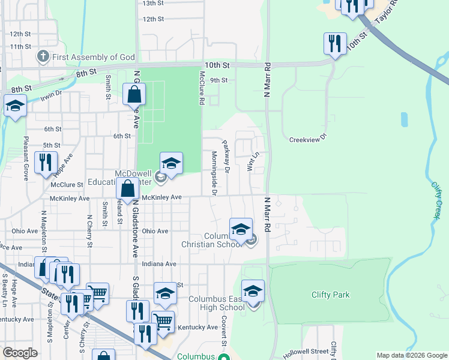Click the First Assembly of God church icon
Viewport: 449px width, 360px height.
[x=43, y=58]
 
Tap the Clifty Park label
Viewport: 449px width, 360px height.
[x=330, y=295]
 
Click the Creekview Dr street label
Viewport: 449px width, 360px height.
[x=307, y=139]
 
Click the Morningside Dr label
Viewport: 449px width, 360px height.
[x=214, y=173]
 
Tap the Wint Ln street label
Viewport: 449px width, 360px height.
[x=252, y=161]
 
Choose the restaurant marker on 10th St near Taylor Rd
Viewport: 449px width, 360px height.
[x=334, y=43]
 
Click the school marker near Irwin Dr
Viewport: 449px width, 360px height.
[x=14, y=106]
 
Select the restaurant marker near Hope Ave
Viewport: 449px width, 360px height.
[x=46, y=162]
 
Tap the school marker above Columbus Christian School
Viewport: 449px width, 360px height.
[x=241, y=229]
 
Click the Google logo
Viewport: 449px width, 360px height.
[x=20, y=353]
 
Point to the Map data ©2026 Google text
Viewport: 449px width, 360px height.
[x=411, y=355]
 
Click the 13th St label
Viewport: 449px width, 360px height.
[x=153, y=3]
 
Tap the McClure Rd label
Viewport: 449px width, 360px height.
[x=202, y=89]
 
